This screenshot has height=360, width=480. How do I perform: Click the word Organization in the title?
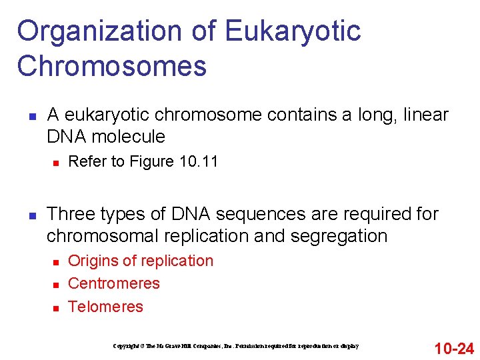click(x=99, y=32)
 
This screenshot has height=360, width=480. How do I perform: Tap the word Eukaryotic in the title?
click(x=293, y=32)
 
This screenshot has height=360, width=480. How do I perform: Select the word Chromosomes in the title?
click(x=112, y=67)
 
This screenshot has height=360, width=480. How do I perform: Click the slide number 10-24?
click(x=454, y=348)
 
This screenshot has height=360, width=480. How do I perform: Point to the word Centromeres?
click(x=114, y=283)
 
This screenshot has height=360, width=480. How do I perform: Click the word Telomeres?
click(x=105, y=307)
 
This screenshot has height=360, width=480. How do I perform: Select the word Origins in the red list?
click(x=91, y=261)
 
